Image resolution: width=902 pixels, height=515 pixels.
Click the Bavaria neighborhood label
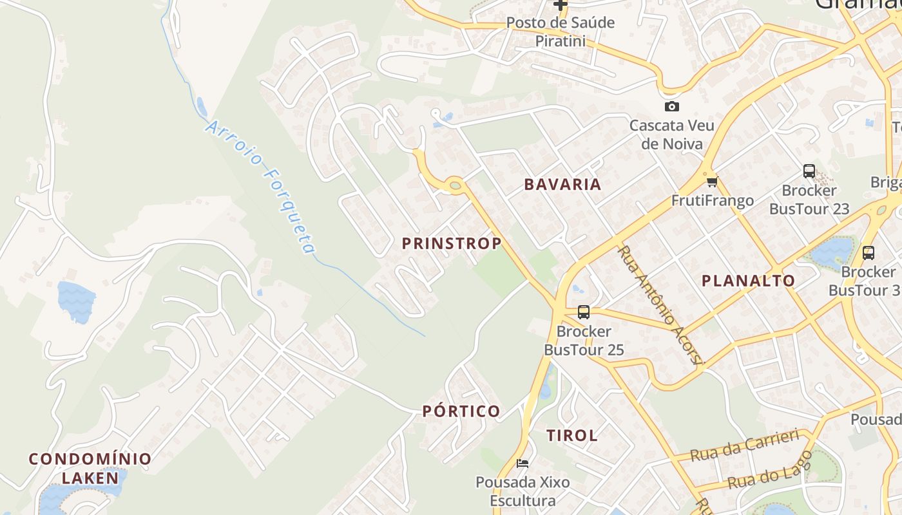coord(562,184)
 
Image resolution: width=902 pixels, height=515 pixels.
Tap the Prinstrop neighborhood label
coord(452,243)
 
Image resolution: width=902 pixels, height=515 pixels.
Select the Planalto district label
coord(748,281)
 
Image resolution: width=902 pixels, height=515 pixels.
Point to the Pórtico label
coord(461,411)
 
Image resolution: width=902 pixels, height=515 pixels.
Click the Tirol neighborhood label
coord(572,435)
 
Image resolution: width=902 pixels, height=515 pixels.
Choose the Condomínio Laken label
coord(90,468)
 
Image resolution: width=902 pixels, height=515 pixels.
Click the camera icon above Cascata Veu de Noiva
coord(672,106)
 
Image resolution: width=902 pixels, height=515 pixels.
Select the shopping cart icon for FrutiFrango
coord(712,181)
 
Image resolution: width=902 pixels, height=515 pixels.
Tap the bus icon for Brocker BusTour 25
coord(584,312)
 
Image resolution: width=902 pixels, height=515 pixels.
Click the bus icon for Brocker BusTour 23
coord(809,171)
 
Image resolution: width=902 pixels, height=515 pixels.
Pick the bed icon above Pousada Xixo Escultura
coord(523,463)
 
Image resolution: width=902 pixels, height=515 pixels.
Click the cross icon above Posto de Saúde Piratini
coord(561,5)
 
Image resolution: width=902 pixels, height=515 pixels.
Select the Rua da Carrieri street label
coord(744,445)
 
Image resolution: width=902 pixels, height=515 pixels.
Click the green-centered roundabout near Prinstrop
coord(456,186)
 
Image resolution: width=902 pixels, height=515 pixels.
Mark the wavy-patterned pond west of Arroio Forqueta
coord(76,301)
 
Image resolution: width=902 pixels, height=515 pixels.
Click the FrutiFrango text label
coord(713,200)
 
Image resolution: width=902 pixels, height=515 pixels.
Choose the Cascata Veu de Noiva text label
coord(672,134)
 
